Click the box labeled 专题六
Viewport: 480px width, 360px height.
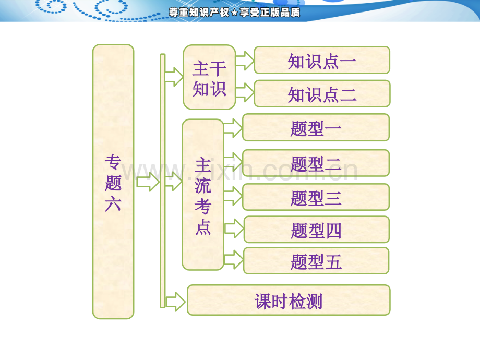tap(113, 181)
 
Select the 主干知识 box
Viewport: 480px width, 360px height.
tap(209, 77)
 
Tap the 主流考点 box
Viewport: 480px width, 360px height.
tap(202, 195)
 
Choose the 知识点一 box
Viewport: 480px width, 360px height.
tap(322, 61)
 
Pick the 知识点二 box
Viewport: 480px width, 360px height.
tap(322, 94)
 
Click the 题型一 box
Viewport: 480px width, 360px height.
tap(316, 127)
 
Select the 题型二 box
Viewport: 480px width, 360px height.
tap(316, 163)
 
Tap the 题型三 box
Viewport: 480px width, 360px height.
tap(316, 197)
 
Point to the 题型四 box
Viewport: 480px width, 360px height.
tap(316, 230)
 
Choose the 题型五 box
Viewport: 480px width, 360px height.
tap(316, 261)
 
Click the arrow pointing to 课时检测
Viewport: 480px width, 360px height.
tap(175, 302)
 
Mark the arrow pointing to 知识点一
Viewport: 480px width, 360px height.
tap(244, 62)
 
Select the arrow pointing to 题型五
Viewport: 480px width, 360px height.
tap(234, 259)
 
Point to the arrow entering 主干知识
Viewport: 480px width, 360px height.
tap(173, 77)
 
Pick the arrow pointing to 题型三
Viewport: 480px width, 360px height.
tap(233, 196)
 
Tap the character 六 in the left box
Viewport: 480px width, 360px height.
tap(113, 203)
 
